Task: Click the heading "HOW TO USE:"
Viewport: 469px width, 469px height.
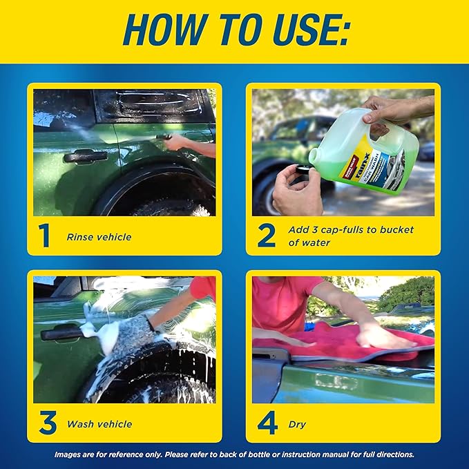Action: [235, 32]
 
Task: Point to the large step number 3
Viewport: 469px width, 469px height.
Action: [47, 423]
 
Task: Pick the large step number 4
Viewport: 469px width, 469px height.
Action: [267, 423]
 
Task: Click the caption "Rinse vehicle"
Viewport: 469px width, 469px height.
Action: [99, 237]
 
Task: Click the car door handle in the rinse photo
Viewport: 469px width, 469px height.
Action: [85, 157]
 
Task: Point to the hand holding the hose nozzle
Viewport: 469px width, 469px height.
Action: [178, 142]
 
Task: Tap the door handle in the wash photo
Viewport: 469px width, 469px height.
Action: [62, 334]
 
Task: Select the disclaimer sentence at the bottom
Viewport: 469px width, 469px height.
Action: [235, 454]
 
